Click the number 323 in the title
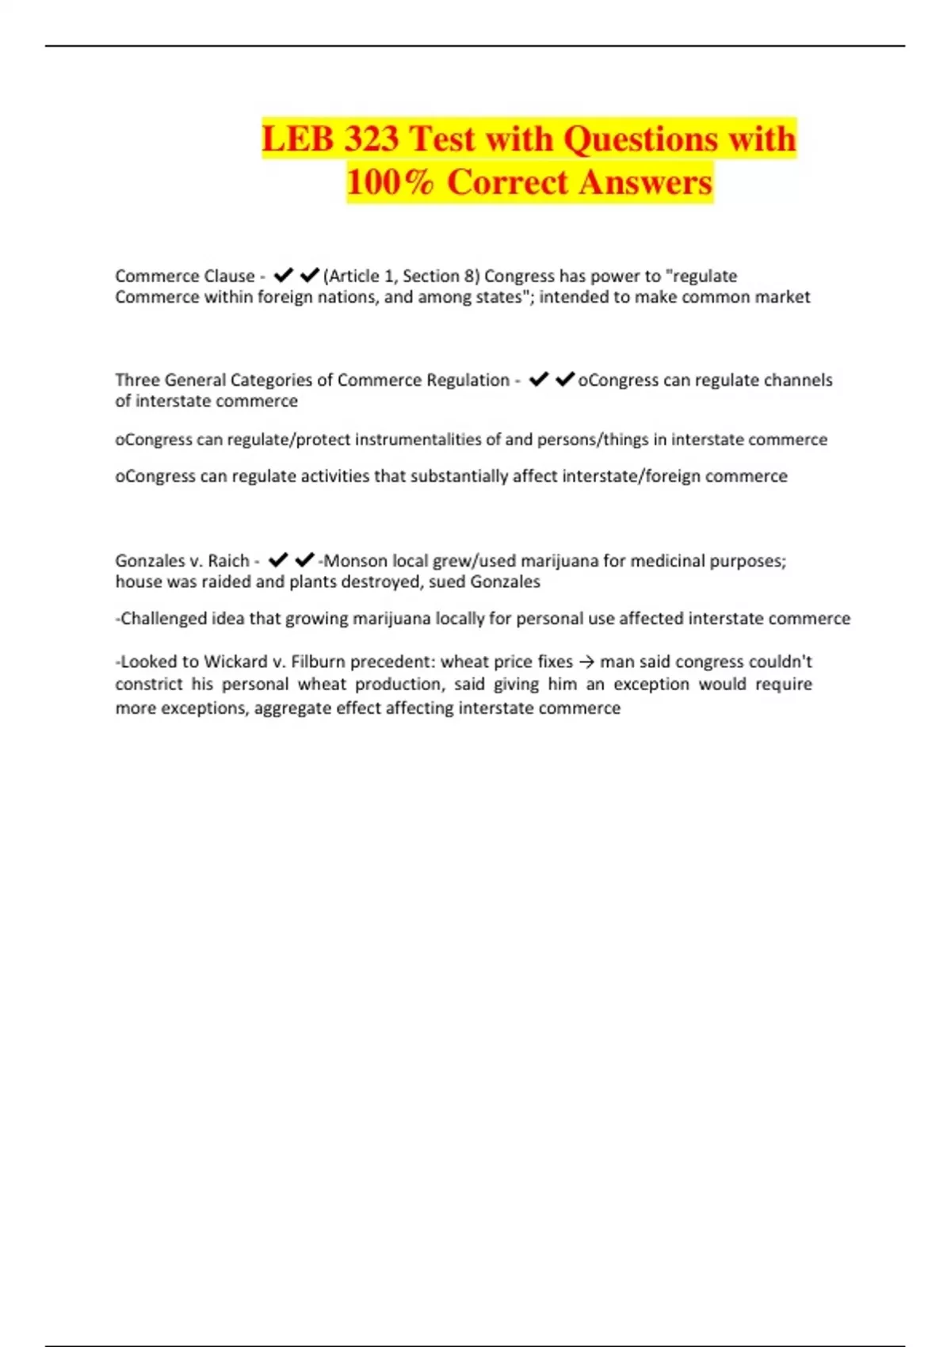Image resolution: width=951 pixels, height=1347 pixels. tap(371, 139)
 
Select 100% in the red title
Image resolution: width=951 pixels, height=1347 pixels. tap(390, 182)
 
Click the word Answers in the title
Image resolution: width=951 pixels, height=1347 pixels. tap(645, 182)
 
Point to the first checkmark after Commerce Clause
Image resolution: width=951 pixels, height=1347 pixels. tap(283, 275)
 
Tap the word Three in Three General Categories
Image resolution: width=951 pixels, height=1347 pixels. tap(137, 380)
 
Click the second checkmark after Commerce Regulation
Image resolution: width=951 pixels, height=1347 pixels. tap(564, 380)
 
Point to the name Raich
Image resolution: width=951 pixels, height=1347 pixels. tap(228, 561)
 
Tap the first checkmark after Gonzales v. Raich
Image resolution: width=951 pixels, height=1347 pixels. tap(277, 560)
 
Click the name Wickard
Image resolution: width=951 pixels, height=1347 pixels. tap(235, 662)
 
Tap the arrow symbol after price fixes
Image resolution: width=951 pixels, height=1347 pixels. tap(586, 662)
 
